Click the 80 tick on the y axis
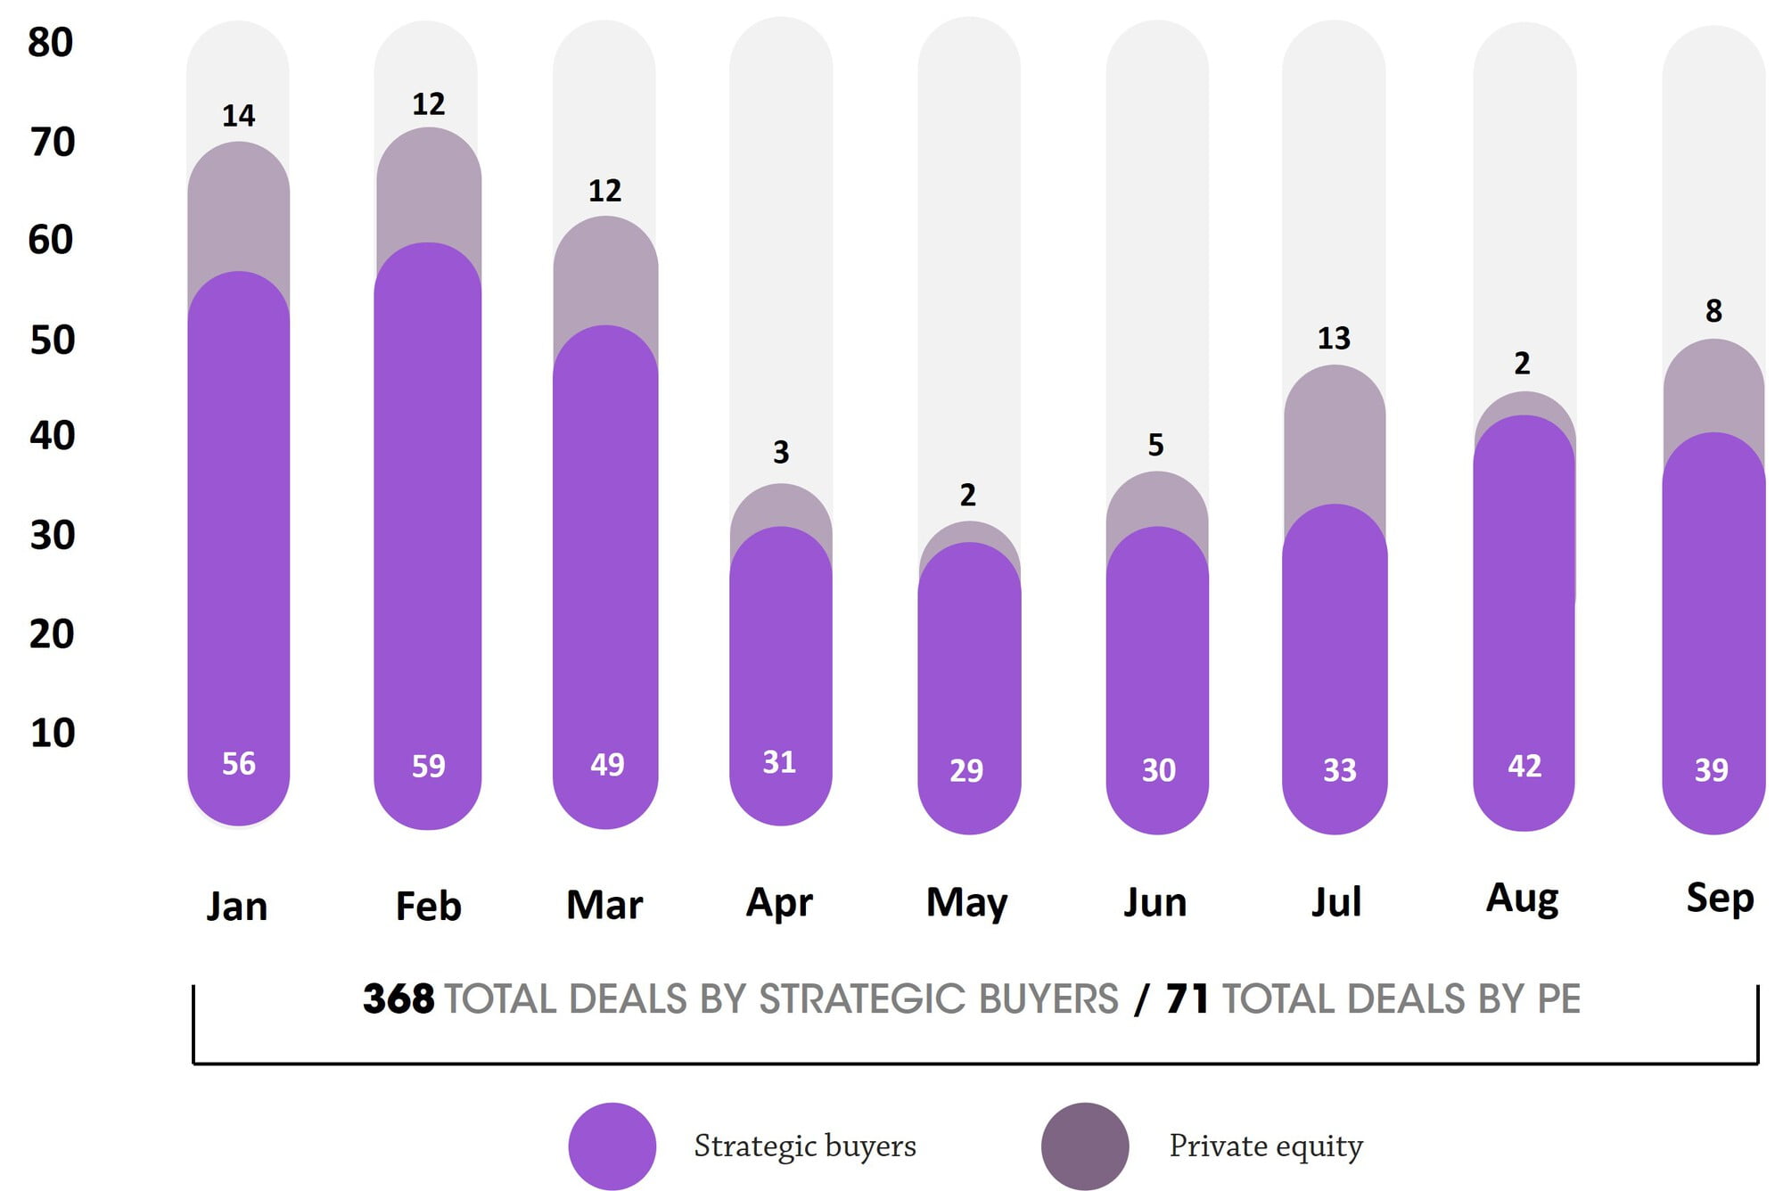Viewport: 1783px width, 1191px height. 51,43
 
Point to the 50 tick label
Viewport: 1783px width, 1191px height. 53,341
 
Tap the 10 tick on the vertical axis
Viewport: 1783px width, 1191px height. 53,733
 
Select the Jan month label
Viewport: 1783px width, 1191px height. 237,907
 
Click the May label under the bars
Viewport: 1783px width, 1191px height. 966,903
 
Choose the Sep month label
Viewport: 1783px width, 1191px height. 1720,898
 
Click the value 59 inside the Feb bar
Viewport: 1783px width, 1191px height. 428,766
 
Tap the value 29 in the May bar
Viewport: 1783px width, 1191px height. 966,770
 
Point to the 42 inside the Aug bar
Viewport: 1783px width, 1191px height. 1524,766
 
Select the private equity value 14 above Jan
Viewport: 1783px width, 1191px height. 238,116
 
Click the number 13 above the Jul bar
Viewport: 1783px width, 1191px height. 1334,339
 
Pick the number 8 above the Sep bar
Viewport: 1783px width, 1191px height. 1713,311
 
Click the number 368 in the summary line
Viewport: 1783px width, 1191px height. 399,999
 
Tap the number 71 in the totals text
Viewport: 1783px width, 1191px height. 1187,999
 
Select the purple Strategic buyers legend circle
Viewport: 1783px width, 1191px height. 612,1146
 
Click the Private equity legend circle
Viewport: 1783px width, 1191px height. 1085,1146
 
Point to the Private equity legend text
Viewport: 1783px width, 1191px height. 1266,1146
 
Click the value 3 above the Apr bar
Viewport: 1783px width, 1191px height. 781,453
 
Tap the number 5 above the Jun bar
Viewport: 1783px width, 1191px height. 1155,445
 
